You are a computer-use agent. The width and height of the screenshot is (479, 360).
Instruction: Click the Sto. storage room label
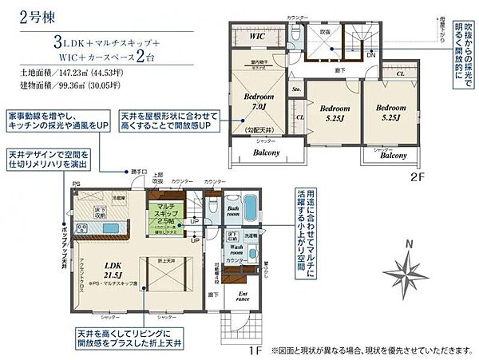296,90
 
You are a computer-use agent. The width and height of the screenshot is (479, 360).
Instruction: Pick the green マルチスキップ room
167,217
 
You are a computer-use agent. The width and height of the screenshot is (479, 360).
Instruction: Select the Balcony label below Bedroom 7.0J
255,152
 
